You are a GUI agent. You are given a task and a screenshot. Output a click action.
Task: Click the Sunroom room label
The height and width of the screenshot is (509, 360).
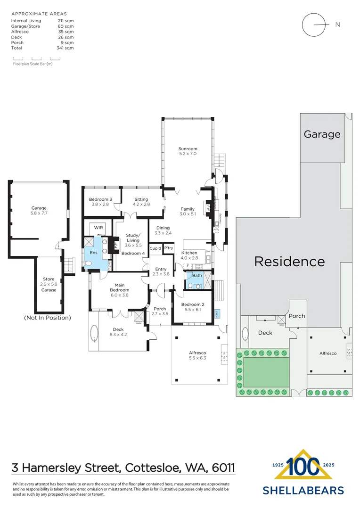[x=188, y=151]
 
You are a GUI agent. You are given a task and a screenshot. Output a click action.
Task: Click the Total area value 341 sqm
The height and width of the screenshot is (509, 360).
[x=66, y=48]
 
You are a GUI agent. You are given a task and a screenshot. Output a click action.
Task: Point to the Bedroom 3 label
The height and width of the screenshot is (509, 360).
[x=100, y=202]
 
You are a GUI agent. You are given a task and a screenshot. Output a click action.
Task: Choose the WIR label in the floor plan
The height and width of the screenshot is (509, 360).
[x=98, y=228]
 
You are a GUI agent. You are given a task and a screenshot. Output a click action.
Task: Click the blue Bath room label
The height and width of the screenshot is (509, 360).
[x=196, y=276]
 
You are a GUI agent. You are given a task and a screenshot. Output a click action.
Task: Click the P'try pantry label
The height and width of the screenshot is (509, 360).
[x=169, y=248]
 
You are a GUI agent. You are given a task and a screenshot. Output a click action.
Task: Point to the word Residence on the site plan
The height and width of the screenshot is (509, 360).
[x=289, y=262]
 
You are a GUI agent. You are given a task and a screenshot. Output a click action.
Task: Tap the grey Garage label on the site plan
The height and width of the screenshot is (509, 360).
[x=322, y=134]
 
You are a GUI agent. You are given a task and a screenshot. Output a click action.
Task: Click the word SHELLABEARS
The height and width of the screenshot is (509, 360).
[x=303, y=491]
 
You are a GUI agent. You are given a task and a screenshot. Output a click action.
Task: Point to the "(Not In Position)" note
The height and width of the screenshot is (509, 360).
[x=47, y=318]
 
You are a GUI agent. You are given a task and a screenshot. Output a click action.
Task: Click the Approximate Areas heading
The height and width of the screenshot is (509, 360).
[x=39, y=14]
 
